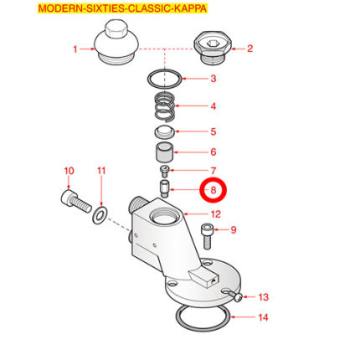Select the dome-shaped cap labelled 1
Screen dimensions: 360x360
coord(116,42)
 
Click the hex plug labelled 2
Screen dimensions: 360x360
coord(213,48)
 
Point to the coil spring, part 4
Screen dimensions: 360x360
coord(165,107)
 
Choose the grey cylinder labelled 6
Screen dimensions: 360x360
coord(164,152)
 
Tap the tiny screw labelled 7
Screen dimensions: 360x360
coord(165,171)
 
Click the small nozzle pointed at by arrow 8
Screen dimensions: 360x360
coord(164,189)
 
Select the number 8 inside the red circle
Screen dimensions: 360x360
coord(213,190)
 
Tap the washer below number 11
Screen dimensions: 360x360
coord(100,215)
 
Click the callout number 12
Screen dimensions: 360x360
coord(216,214)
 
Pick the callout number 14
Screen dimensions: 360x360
coord(263,317)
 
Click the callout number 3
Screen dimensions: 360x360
coord(213,79)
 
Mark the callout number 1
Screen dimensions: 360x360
coord(75,49)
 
